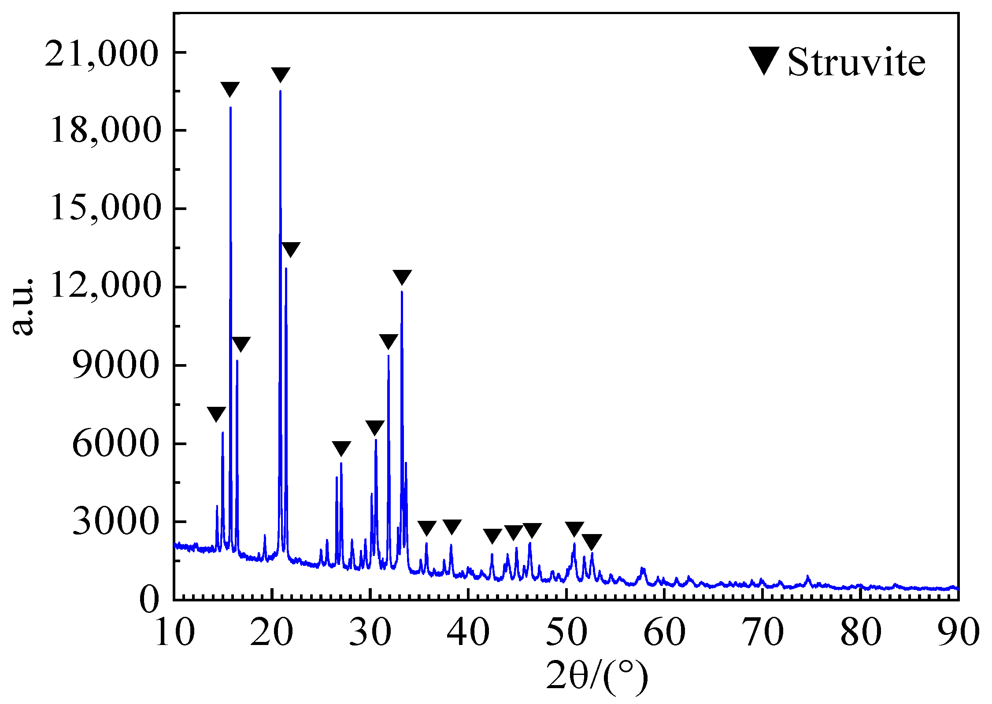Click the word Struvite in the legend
856,63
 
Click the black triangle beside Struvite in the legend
764,60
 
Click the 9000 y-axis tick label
115,365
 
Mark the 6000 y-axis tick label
115,443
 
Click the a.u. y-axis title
22,306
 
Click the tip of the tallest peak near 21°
280,91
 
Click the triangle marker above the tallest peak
281,74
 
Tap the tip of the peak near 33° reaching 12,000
402,292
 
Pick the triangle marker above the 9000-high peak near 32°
389,341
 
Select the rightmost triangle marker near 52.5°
592,541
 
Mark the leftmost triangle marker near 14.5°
216,413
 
